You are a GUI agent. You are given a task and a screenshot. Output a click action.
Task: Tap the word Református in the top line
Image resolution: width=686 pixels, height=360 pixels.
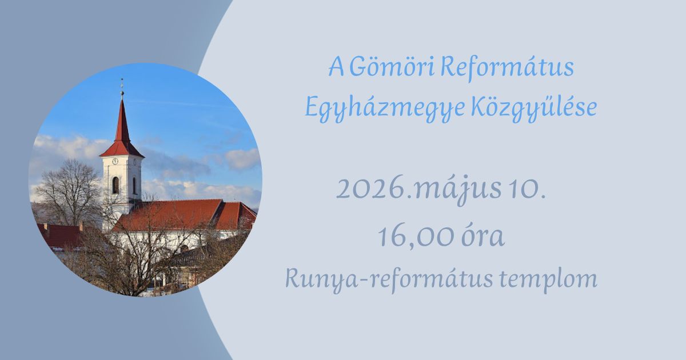pyautogui.click(x=507, y=67)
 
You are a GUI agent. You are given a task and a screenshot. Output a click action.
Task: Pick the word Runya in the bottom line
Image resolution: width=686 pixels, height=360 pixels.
pyautogui.click(x=321, y=279)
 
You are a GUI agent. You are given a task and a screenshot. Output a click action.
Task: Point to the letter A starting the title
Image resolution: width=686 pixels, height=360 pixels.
pyautogui.click(x=336, y=67)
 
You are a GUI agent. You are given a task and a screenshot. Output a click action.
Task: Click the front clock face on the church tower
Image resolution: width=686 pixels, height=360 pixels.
pyautogui.click(x=115, y=161)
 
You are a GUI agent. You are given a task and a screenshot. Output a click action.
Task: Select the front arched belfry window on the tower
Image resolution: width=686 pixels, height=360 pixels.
pyautogui.click(x=115, y=185)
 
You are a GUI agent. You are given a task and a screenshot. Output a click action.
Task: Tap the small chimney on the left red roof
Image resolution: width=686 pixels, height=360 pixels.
pyautogui.click(x=46, y=226)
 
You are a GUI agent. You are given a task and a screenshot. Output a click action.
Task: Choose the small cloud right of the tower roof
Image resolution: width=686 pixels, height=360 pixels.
pyautogui.click(x=242, y=159)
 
